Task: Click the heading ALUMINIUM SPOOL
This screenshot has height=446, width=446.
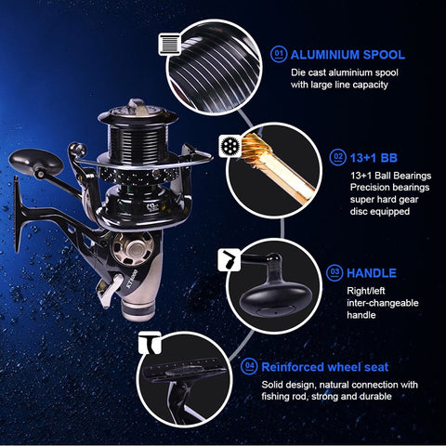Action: [348, 55]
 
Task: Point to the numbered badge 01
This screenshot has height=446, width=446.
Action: [278, 55]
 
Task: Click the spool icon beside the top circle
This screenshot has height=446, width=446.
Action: [170, 44]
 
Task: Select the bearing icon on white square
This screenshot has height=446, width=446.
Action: [227, 147]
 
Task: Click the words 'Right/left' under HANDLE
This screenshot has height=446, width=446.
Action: [366, 291]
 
